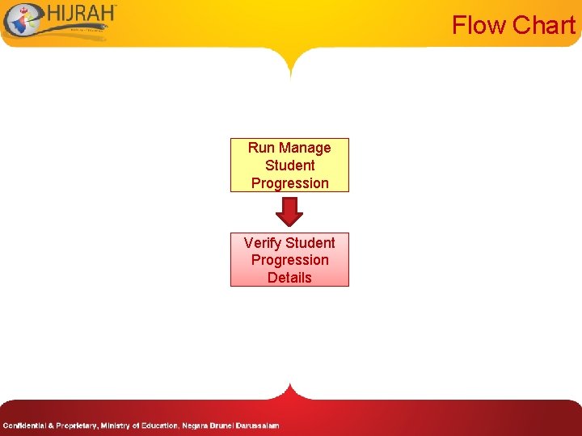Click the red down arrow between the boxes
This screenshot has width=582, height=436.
(x=289, y=212)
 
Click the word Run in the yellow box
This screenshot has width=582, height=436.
(x=261, y=148)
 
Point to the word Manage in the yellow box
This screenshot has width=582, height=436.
(x=305, y=148)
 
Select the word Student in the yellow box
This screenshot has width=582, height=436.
(x=289, y=166)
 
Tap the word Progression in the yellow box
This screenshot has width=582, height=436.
(x=289, y=183)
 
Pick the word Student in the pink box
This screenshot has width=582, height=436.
(x=310, y=242)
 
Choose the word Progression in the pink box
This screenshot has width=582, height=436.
(x=289, y=260)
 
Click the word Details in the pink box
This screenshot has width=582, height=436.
(x=289, y=278)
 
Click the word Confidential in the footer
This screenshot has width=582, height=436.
(x=23, y=426)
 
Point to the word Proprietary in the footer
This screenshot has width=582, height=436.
(x=74, y=426)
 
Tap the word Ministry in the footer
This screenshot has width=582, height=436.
(x=118, y=426)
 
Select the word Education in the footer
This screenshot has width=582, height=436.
(x=159, y=426)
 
